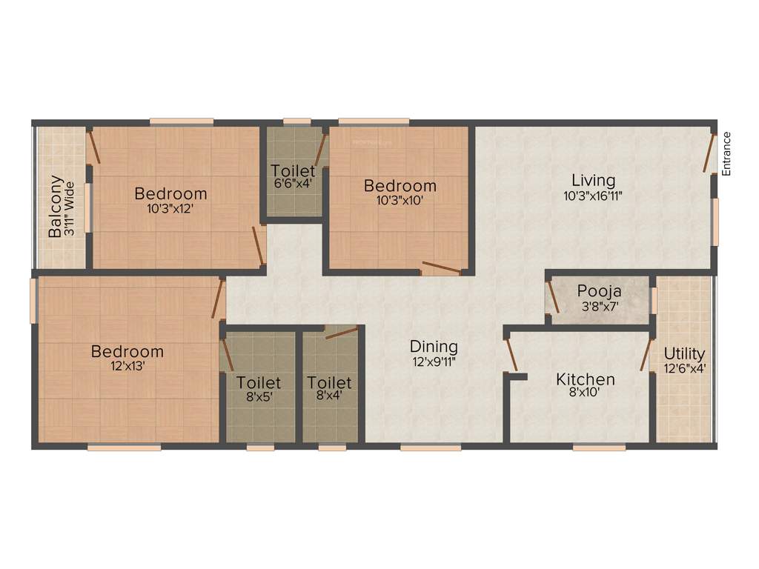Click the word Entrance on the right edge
tap(726, 153)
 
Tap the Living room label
tap(593, 180)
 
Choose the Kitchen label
tap(586, 379)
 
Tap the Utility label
tap(684, 353)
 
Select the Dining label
tap(434, 346)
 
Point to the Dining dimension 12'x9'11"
tap(434, 362)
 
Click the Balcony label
tap(55, 207)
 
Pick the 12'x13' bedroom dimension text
tap(127, 367)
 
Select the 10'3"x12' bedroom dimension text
tap(170, 209)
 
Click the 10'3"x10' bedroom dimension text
tap(400, 201)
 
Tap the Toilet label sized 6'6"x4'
tap(292, 171)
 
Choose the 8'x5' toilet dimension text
tap(259, 397)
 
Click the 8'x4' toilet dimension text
tap(329, 397)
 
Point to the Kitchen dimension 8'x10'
tap(586, 394)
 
